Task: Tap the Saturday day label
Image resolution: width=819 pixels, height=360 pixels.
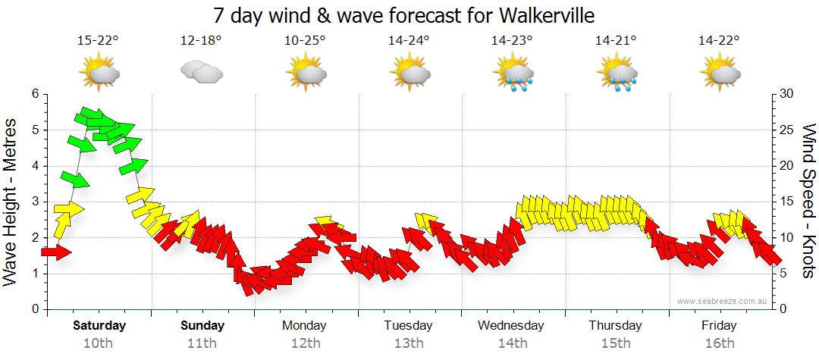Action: (x=99, y=326)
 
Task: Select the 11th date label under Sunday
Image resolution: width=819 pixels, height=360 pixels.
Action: (x=202, y=343)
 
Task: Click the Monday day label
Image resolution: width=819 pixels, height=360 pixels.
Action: (x=304, y=326)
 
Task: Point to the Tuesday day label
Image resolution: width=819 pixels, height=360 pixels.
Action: (x=408, y=326)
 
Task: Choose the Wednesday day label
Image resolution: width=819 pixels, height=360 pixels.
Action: (x=511, y=326)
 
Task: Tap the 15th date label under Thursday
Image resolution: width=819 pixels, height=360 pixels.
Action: (x=615, y=343)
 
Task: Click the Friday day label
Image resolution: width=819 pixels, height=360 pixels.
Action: (x=718, y=326)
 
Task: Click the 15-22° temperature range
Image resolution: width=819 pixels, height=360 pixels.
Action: (x=99, y=41)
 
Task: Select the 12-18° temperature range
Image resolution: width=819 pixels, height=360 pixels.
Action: (x=201, y=41)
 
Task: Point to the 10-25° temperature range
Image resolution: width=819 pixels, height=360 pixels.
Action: (x=306, y=41)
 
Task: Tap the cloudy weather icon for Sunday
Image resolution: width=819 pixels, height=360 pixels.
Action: (x=201, y=73)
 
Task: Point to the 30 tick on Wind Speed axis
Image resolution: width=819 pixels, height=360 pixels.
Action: (x=788, y=94)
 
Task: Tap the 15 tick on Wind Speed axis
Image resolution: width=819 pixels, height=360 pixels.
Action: (x=788, y=202)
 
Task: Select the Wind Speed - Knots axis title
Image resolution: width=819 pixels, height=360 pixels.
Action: (x=808, y=201)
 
